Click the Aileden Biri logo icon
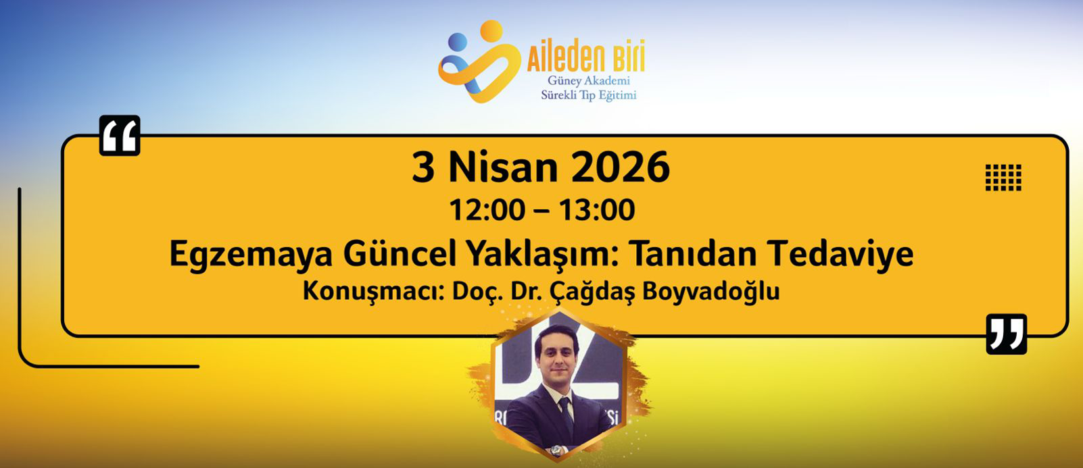point(479,61)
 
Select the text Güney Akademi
point(588,80)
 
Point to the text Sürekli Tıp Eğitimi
point(588,95)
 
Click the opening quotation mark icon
point(120,136)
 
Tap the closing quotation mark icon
point(1006,334)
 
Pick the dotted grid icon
point(1003,177)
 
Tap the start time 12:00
point(487,210)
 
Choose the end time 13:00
point(597,210)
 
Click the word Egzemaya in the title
point(251,255)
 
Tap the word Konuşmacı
point(372,291)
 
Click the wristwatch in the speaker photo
point(556,450)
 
